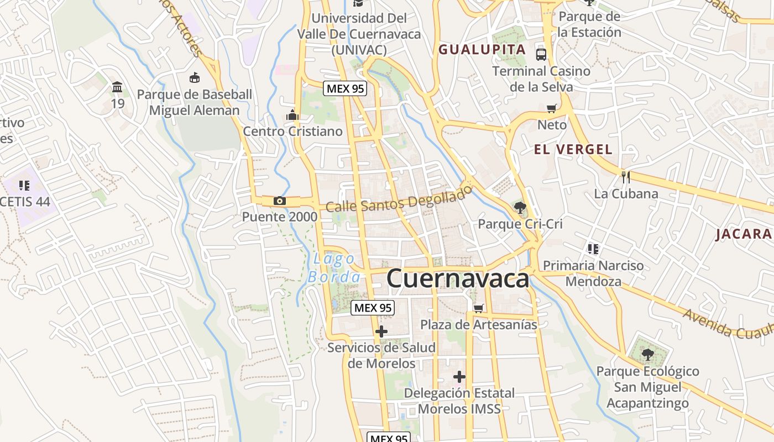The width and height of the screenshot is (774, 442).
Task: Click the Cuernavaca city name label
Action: [458, 278]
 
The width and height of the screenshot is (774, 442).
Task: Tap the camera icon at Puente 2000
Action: [280, 201]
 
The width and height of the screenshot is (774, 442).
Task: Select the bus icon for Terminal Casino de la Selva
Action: [541, 54]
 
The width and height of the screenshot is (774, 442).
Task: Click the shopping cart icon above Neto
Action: [551, 108]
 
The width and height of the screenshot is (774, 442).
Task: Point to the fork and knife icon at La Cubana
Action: [626, 177]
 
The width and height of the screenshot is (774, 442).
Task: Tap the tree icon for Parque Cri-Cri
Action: [520, 208]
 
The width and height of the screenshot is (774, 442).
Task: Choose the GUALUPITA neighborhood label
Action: [482, 50]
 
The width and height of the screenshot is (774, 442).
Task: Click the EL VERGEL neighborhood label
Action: [573, 149]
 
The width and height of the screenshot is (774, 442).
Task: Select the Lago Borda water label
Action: [334, 267]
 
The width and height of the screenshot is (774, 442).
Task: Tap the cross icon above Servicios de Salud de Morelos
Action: [381, 331]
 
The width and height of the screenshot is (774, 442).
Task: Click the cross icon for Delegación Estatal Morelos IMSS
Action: [459, 377]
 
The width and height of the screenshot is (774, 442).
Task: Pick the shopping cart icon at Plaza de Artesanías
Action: [478, 308]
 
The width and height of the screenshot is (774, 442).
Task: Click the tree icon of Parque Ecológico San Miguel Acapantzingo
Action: [647, 354]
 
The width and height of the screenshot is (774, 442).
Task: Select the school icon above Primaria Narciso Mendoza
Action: [593, 249]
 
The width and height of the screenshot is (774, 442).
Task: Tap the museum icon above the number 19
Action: [117, 87]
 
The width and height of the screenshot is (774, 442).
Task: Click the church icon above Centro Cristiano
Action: [292, 115]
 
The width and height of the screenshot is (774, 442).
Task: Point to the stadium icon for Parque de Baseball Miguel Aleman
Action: [194, 78]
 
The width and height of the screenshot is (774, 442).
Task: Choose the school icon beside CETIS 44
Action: [24, 185]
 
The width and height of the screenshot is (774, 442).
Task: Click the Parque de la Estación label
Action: [589, 24]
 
